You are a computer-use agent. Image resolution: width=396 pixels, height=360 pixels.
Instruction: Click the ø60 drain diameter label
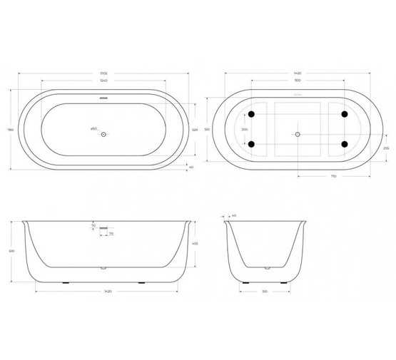[x=93, y=128]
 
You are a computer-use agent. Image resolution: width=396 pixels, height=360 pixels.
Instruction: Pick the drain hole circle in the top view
[x=103, y=133]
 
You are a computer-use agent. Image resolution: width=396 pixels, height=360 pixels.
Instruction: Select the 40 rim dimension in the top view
[x=191, y=168]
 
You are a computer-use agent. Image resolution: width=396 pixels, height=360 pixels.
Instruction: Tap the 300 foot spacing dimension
[x=245, y=130]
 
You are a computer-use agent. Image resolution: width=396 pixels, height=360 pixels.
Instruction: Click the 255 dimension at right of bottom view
[x=386, y=148]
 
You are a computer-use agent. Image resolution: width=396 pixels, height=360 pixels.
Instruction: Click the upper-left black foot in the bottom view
[x=250, y=115]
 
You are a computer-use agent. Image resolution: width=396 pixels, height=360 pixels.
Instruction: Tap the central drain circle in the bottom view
[x=298, y=133]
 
